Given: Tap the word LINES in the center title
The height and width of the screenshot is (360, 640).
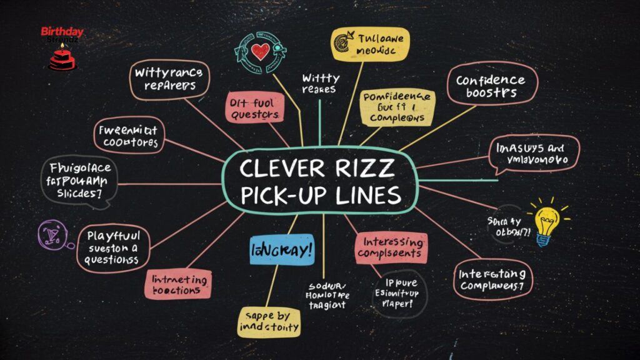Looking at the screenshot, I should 367,195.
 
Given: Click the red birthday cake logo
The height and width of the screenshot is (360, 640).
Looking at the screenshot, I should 61,57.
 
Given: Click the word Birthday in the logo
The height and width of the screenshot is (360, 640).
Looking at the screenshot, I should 62,31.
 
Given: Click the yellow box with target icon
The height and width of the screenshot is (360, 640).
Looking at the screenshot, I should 372,46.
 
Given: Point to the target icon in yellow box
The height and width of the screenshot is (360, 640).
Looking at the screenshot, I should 343,40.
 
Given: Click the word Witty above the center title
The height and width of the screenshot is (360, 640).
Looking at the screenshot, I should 321,78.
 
